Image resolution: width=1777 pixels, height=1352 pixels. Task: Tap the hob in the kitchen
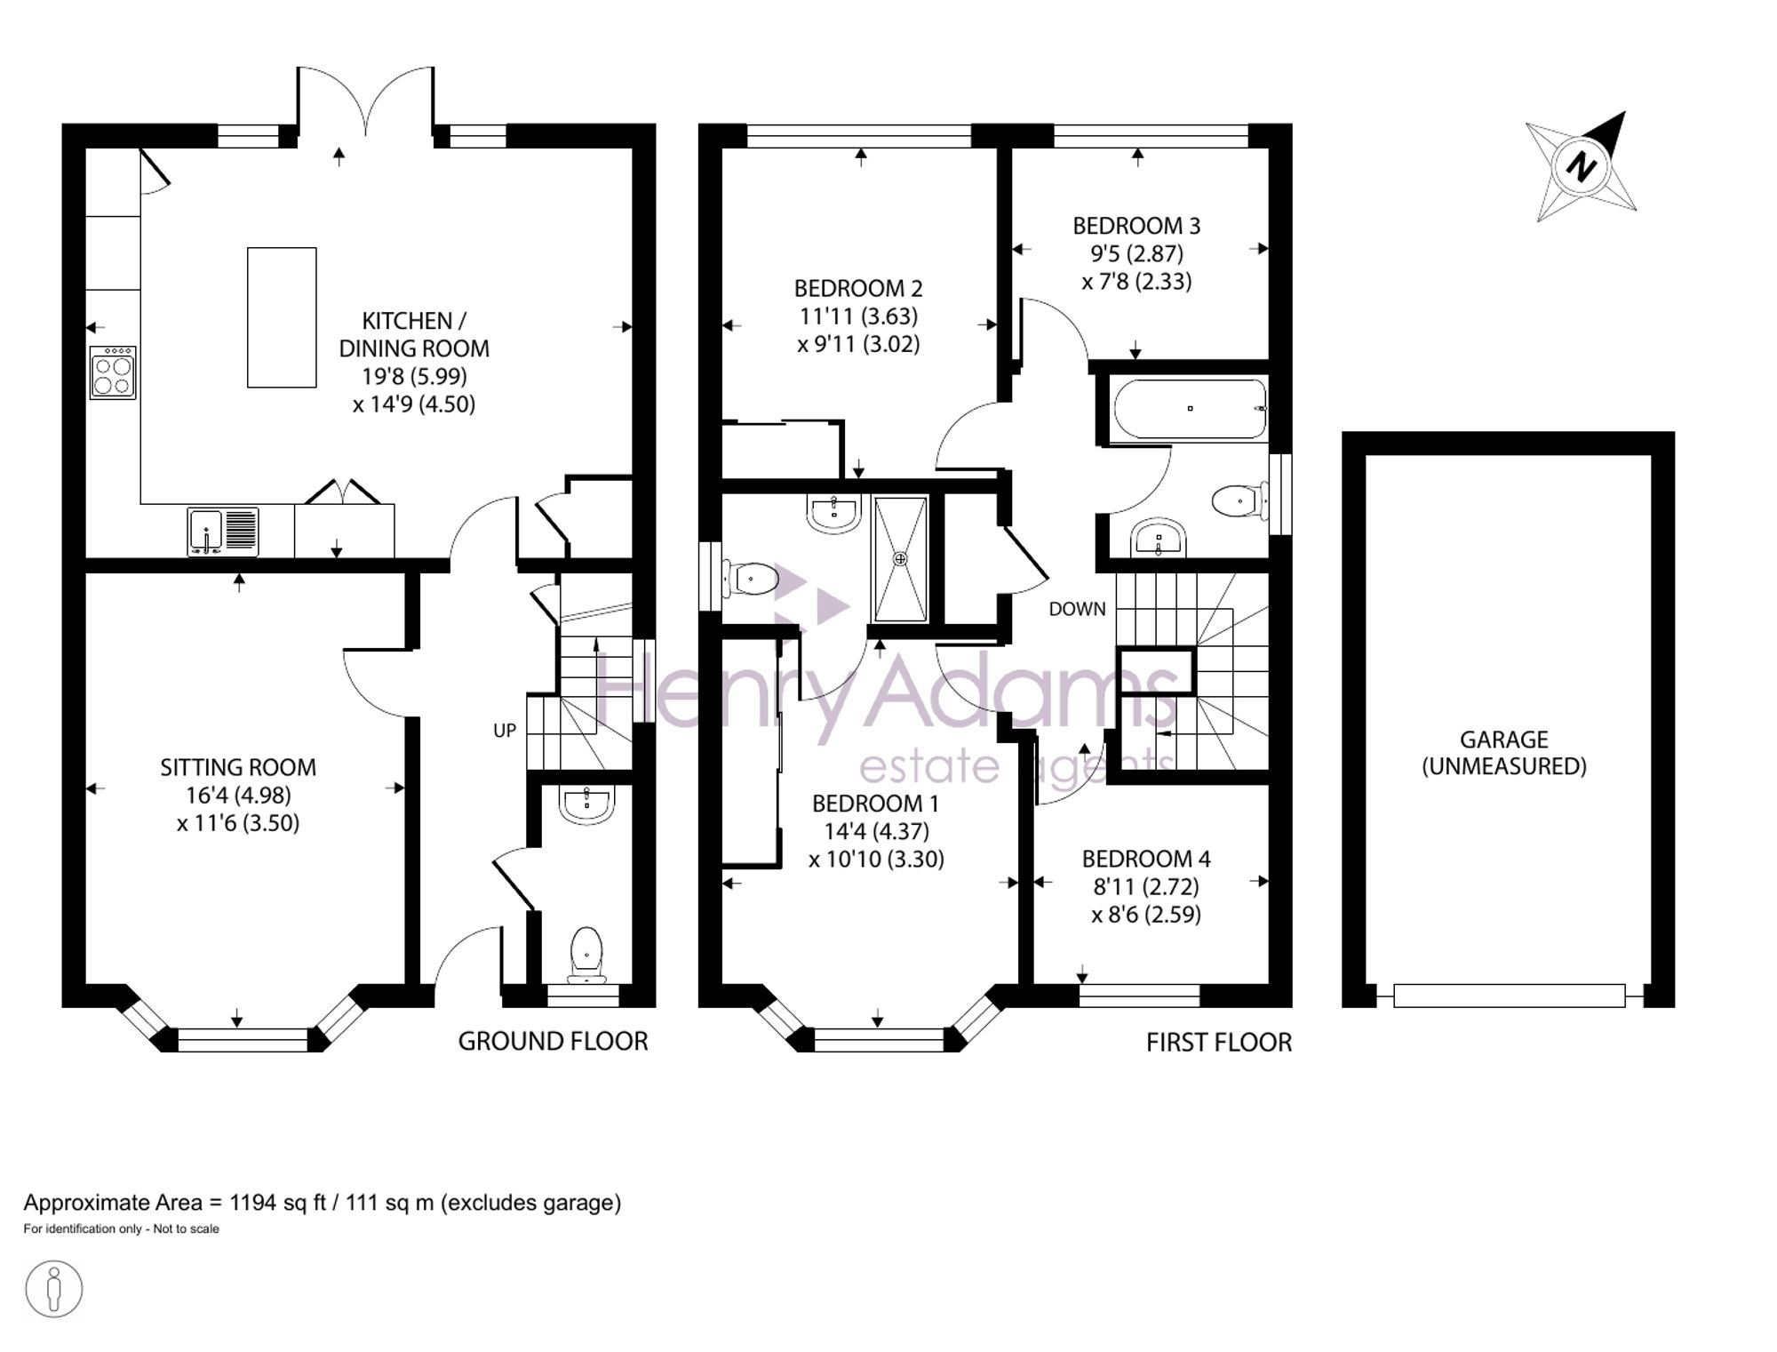coord(113,372)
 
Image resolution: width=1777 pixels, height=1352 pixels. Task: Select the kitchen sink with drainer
coord(223,532)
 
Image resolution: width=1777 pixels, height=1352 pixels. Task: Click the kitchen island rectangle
coord(282,317)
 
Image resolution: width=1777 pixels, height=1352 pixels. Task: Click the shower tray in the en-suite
coord(901,559)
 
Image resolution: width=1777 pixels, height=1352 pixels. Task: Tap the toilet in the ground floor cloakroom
coord(586,955)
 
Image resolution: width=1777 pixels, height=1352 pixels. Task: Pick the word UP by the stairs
coord(505,731)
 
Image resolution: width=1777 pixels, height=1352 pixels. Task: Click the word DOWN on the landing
coord(1078,609)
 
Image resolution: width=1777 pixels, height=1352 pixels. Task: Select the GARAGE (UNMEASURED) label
coord(1504,753)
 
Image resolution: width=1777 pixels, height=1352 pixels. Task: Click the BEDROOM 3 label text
coord(1136,226)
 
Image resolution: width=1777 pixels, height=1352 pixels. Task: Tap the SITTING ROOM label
coord(238,767)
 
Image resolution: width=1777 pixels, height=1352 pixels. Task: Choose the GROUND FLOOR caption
coord(553,1041)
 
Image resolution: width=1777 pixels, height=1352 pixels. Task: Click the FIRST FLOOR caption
coord(1219,1042)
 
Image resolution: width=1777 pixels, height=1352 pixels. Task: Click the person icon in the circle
coord(54,1288)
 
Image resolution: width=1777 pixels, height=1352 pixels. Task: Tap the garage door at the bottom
coord(1510,996)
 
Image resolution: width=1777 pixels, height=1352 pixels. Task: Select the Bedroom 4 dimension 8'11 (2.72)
coord(1145,886)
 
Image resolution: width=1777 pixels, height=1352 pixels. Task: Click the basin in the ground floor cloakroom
coord(586,804)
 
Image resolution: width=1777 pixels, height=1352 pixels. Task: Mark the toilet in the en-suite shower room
coord(750,580)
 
